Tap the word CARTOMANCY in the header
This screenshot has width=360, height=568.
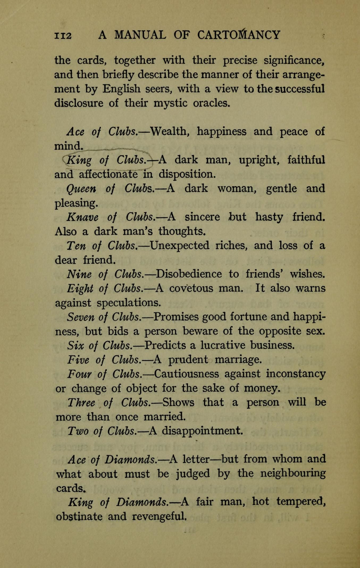238,35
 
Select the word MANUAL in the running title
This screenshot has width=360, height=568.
140,35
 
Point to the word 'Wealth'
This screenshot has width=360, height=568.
169,131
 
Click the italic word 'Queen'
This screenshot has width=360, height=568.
81,189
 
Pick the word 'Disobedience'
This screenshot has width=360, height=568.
189,274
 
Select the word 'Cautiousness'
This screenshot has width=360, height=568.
187,374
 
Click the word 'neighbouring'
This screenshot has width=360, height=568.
293,473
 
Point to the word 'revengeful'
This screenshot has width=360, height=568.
159,516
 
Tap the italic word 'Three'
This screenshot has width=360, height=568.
81,402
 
